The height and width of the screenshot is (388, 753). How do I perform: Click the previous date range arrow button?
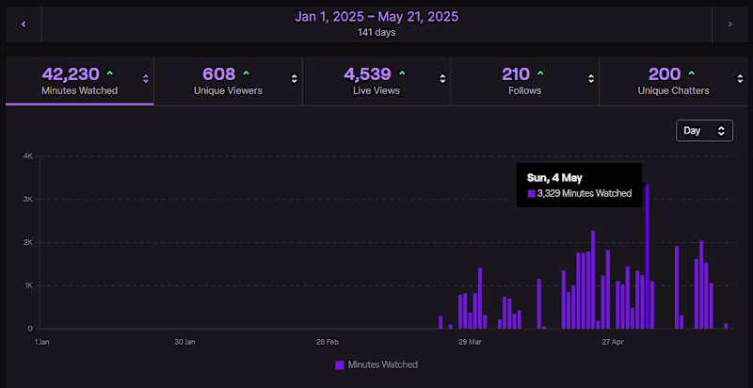pos(24,24)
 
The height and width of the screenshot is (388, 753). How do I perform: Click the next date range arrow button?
pos(729,24)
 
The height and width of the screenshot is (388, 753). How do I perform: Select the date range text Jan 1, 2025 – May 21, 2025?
pos(376,16)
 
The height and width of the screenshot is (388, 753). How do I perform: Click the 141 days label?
pos(376,33)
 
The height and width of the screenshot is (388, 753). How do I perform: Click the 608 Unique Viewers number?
pos(218,73)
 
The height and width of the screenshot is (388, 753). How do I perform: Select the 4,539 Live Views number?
pos(365,73)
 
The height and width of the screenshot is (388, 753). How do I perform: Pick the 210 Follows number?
pos(516,73)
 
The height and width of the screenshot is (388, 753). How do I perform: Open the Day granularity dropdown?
pos(704,131)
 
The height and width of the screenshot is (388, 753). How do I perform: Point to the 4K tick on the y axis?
pos(28,156)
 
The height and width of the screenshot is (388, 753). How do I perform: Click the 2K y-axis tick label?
pos(28,242)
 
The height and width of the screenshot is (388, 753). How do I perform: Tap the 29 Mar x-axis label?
pos(469,342)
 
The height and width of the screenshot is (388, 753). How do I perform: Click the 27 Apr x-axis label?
pos(612,342)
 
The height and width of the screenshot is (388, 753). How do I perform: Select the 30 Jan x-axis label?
pos(184,342)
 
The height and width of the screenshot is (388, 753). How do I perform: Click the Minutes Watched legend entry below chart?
pos(376,364)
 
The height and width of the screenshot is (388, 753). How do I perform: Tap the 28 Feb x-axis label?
pos(327,342)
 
